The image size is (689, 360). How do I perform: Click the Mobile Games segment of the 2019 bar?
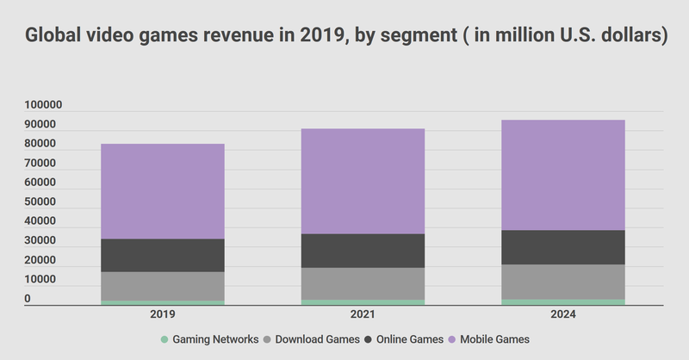click(163, 191)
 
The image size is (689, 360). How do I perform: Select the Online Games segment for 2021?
click(363, 251)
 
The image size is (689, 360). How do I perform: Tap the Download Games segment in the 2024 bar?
click(563, 282)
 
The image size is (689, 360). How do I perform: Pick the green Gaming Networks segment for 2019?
click(163, 302)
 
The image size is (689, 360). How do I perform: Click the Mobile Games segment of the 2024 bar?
click(563, 175)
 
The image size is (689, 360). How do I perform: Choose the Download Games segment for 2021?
click(363, 283)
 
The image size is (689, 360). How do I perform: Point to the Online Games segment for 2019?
click(163, 255)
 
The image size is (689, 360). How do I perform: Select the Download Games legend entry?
click(315, 339)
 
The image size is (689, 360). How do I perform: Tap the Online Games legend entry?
click(408, 339)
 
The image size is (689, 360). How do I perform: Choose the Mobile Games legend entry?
click(494, 339)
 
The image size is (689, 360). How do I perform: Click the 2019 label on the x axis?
click(163, 316)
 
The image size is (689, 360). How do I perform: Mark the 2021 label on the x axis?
click(363, 316)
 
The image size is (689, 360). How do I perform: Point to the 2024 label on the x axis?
click(563, 316)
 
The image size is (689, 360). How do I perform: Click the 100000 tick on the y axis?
click(42, 105)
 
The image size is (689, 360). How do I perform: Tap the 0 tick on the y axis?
click(28, 299)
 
